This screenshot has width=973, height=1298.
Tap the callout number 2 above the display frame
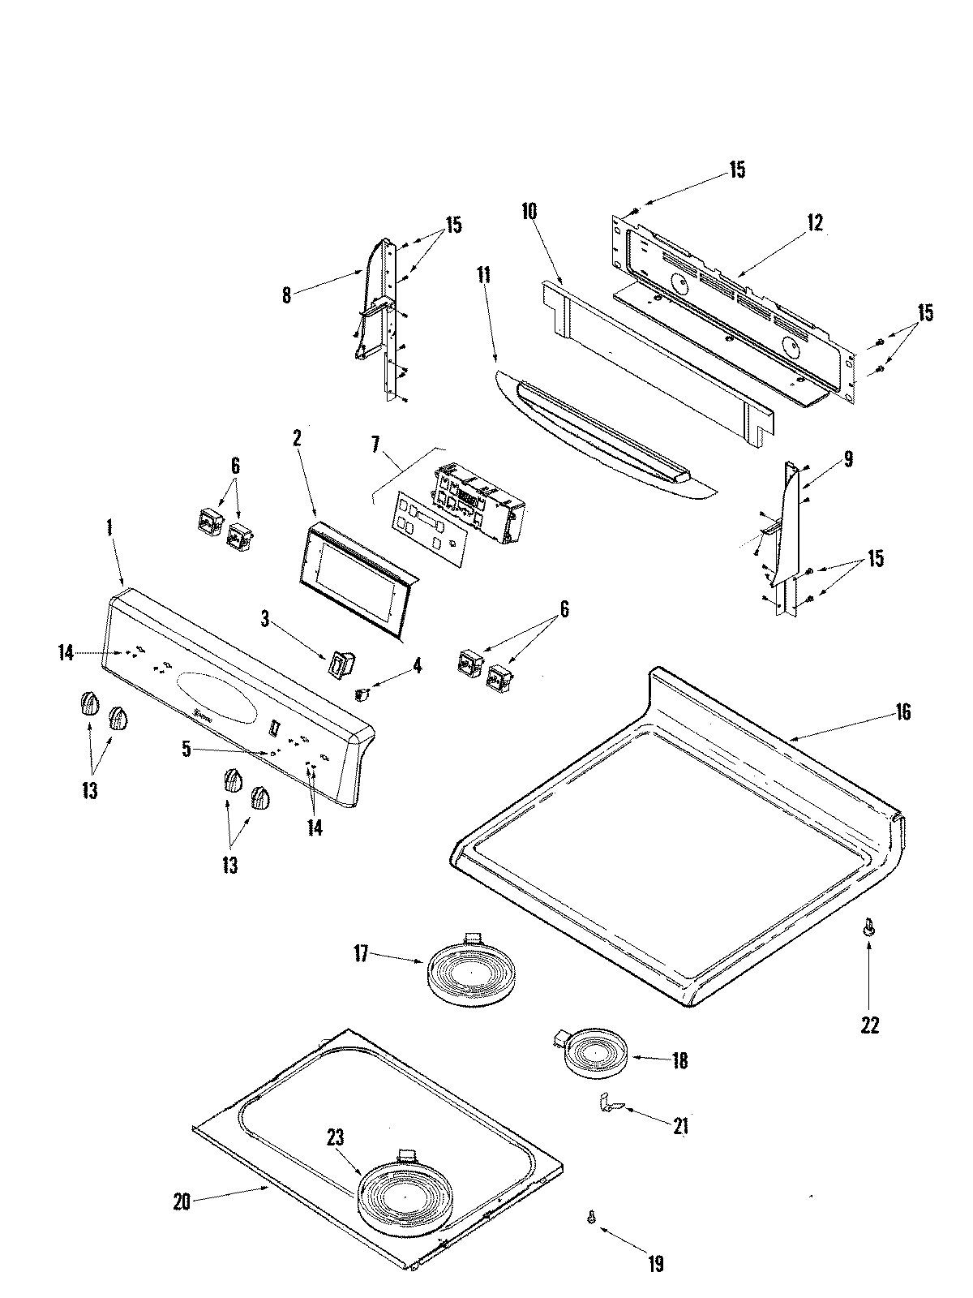tap(297, 439)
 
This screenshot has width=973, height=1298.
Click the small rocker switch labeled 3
tap(337, 664)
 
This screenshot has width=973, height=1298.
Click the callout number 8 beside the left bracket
tap(286, 295)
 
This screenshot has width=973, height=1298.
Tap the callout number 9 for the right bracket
tap(847, 460)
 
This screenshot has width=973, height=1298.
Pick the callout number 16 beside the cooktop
tap(903, 712)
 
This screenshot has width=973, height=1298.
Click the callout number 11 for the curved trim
tap(484, 274)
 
